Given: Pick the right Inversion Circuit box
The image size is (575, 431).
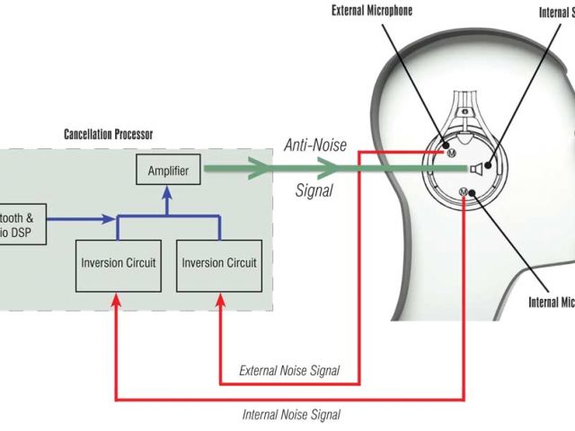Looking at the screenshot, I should click(x=219, y=263).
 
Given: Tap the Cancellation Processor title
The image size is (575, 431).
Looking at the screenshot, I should click(x=108, y=135).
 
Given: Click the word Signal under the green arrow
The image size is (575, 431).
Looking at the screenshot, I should click(x=314, y=190).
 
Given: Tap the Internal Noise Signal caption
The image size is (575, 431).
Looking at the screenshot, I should click(x=291, y=415).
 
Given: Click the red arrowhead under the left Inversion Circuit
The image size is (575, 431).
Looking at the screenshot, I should click(x=115, y=303).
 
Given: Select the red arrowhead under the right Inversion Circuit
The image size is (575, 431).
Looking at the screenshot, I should click(x=219, y=303).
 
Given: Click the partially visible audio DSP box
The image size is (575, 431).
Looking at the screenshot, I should click(x=20, y=220).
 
